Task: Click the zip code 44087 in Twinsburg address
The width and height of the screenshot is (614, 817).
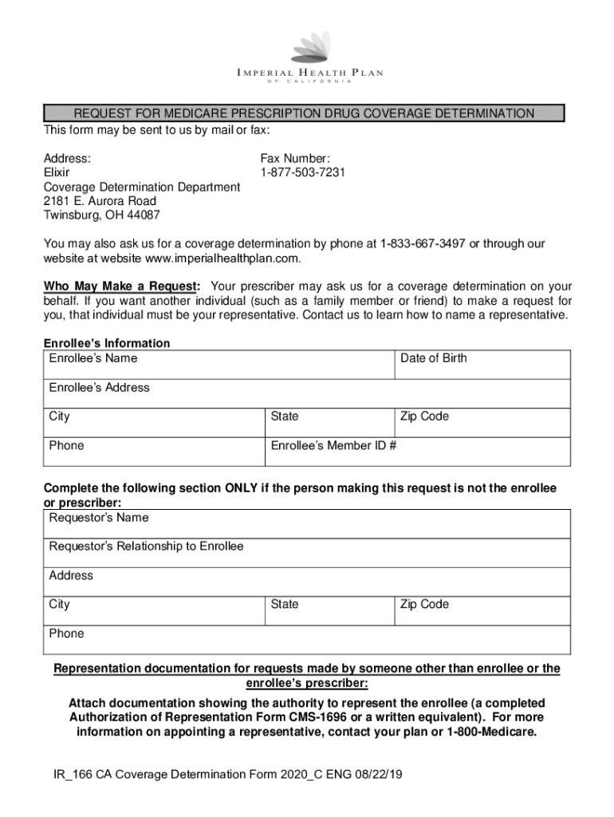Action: (x=142, y=215)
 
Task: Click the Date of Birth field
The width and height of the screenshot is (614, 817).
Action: (x=482, y=365)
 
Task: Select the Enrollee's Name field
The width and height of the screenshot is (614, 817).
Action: (x=218, y=365)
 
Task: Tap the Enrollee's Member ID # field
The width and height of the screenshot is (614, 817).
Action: (x=417, y=452)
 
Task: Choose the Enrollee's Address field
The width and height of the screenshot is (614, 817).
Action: (x=307, y=394)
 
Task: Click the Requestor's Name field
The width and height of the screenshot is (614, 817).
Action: (x=307, y=524)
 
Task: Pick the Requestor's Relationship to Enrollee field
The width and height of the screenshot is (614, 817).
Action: (x=307, y=553)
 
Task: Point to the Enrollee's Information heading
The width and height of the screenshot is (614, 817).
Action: (x=107, y=343)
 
